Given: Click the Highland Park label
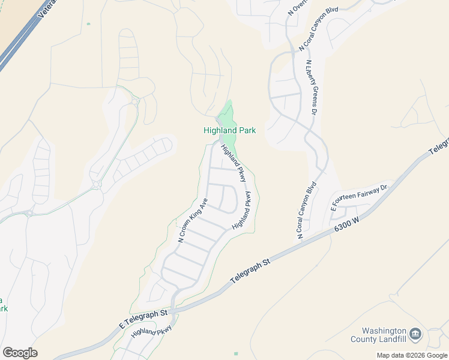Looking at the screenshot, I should click(x=229, y=130).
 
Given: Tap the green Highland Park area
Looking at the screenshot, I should click(x=227, y=114).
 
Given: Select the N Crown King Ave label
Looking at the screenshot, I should click(x=193, y=220).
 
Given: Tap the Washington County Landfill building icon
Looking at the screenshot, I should click(x=415, y=334).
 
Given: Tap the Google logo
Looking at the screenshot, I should click(x=20, y=353).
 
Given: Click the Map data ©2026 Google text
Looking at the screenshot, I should click(x=412, y=355).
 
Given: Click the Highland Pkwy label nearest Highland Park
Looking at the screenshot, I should click(x=234, y=163).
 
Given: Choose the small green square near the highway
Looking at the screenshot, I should click(x=88, y=24).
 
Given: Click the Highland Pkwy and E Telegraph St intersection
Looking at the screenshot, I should click(x=173, y=311).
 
